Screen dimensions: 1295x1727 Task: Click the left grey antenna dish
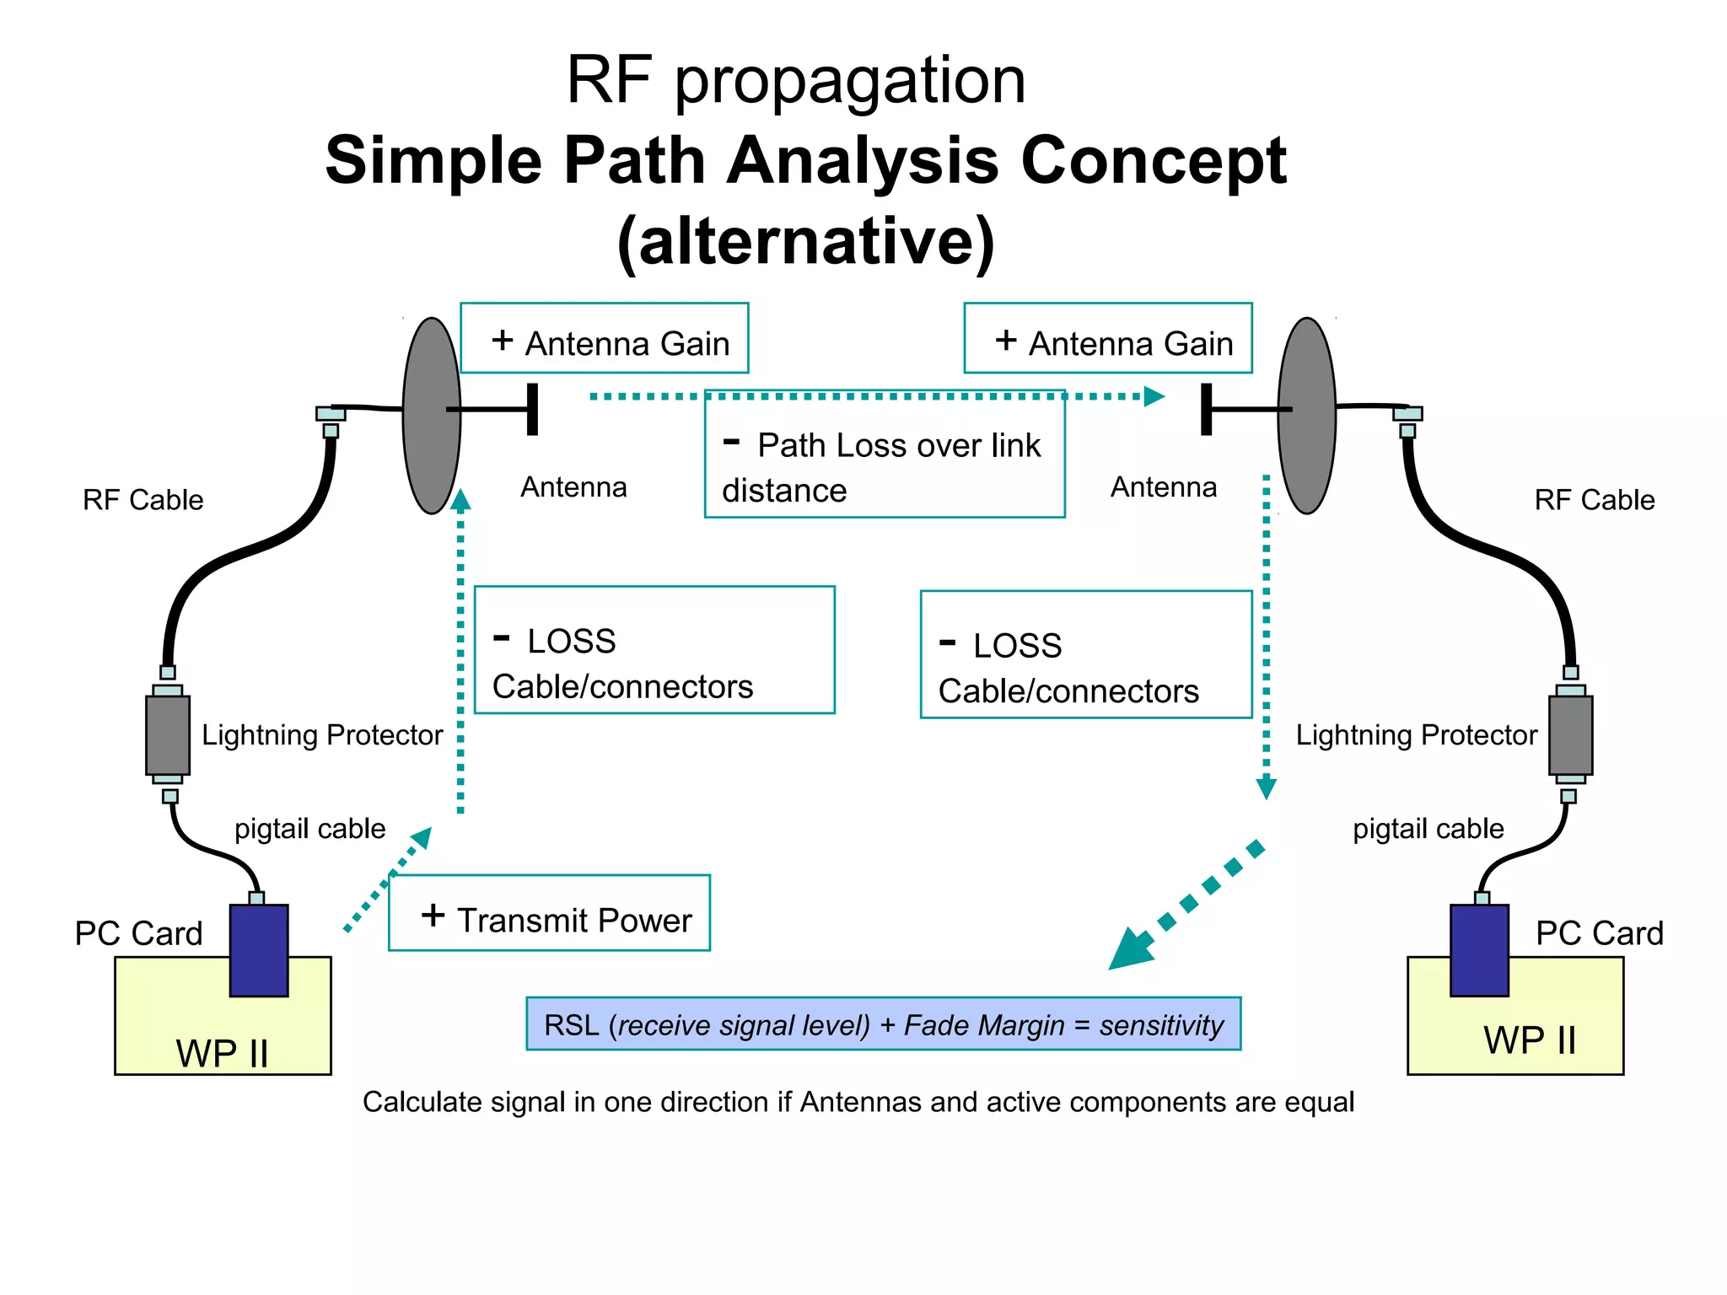tap(431, 415)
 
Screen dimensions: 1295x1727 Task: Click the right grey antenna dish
tap(1306, 415)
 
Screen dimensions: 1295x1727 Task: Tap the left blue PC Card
tap(259, 950)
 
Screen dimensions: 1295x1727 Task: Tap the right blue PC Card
tap(1479, 950)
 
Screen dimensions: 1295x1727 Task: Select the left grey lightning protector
tap(168, 735)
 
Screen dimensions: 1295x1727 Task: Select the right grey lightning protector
tap(1570, 735)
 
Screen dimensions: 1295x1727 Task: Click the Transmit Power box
tap(549, 913)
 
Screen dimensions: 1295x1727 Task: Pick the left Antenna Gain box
tap(604, 338)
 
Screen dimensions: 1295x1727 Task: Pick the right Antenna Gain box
tap(1107, 338)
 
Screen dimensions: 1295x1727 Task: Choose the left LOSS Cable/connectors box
tap(654, 650)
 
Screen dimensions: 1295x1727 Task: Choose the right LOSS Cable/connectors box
tap(1085, 655)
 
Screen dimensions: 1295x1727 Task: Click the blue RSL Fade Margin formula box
tap(883, 1024)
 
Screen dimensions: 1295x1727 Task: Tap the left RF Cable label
tap(143, 500)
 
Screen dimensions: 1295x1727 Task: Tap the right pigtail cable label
tap(1428, 829)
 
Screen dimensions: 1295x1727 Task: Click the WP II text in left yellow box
tap(222, 1054)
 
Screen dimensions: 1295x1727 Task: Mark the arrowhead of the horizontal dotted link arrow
tap(1154, 396)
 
